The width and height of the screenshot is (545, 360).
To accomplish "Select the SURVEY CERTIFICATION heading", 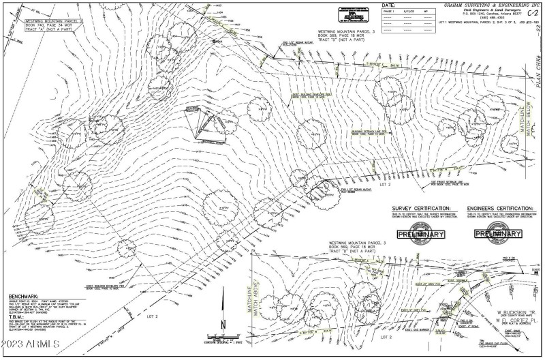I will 421,208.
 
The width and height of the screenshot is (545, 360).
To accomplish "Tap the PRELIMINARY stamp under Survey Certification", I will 420,235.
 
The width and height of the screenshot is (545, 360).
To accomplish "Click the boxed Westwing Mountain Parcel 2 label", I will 53,26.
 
